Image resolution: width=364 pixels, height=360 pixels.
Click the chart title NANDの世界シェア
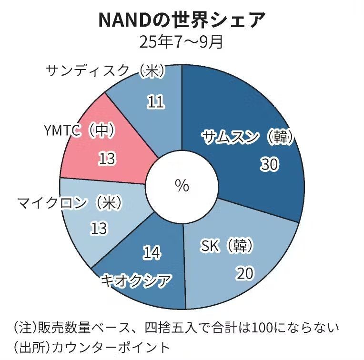click(x=182, y=20)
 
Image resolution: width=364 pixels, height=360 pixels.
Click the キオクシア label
click(x=136, y=281)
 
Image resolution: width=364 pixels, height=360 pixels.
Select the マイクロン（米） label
click(x=70, y=203)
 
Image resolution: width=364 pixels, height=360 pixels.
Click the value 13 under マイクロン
click(x=99, y=229)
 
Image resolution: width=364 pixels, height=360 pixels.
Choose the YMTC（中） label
click(x=79, y=130)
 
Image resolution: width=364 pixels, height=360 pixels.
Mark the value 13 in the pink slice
click(x=107, y=159)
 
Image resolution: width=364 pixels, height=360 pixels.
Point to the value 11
click(x=155, y=101)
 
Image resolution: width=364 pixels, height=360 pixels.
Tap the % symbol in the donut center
click(x=182, y=186)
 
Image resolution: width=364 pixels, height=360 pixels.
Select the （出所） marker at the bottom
click(x=30, y=347)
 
